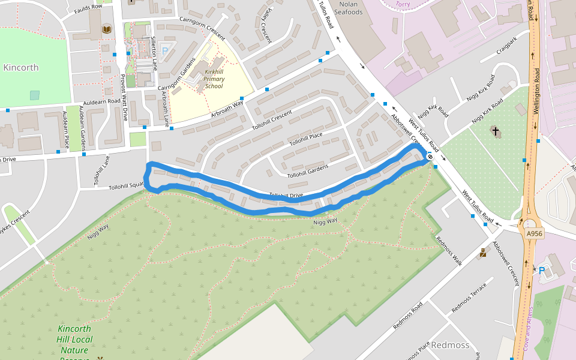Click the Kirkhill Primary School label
click(x=214, y=79)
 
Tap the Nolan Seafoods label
click(x=349, y=8)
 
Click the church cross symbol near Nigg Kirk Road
click(x=496, y=131)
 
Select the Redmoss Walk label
click(x=449, y=251)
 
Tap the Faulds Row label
click(x=88, y=10)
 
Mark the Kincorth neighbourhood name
click(x=21, y=68)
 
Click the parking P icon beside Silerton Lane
click(x=165, y=51)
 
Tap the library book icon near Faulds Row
click(x=107, y=29)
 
